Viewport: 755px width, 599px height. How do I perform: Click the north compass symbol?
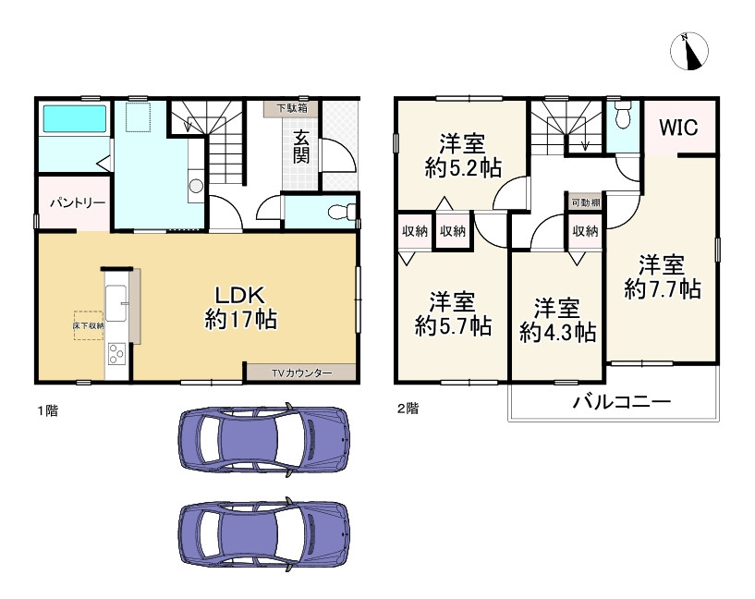[689, 51]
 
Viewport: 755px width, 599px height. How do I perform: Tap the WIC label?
[678, 128]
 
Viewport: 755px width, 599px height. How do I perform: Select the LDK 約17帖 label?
[240, 307]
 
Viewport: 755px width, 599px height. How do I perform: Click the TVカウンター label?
[301, 373]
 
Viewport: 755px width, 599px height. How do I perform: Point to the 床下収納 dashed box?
[89, 325]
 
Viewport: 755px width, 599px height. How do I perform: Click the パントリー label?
[78, 202]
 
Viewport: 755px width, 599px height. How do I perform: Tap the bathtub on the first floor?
[75, 118]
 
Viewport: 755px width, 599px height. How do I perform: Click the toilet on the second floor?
[623, 114]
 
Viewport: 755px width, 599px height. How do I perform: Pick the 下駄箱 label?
[292, 108]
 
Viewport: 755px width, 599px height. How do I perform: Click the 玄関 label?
[301, 147]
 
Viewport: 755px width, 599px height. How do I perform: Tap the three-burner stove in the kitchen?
[116, 354]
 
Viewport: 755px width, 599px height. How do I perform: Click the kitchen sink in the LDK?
[116, 303]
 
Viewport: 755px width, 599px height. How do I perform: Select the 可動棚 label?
[586, 202]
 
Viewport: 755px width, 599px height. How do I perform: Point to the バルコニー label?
[622, 401]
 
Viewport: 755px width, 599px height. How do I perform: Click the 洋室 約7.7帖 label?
[662, 277]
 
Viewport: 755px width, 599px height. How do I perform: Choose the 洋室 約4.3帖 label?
[557, 321]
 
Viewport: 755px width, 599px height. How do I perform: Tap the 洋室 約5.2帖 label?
[463, 155]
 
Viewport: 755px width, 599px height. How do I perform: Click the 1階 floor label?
[48, 410]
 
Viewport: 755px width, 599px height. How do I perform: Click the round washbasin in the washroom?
[196, 186]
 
